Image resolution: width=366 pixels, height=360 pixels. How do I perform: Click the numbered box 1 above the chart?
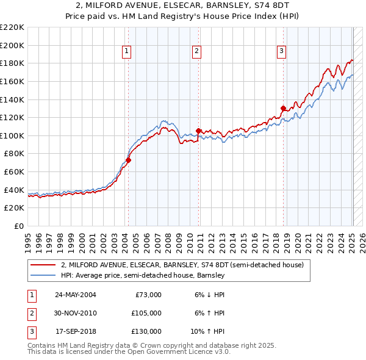pyautogui.click(x=126, y=52)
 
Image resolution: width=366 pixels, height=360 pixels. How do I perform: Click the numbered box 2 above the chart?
pyautogui.click(x=197, y=52)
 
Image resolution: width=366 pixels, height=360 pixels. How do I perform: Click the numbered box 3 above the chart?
pyautogui.click(x=282, y=52)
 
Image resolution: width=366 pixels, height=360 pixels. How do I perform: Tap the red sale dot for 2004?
pyautogui.click(x=128, y=160)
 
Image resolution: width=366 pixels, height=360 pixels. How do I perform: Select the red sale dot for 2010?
pyautogui.click(x=199, y=131)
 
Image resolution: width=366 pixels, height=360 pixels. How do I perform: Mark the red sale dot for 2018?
pyautogui.click(x=283, y=108)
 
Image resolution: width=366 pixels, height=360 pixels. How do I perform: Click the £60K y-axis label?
pyautogui.click(x=14, y=172)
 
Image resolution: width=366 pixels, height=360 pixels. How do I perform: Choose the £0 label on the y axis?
pyautogui.click(x=19, y=226)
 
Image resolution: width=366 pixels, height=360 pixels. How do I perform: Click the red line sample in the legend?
pyautogui.click(x=44, y=265)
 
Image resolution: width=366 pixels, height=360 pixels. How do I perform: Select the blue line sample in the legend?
pyautogui.click(x=44, y=276)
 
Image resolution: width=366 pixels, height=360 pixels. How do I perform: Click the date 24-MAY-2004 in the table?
pyautogui.click(x=76, y=295)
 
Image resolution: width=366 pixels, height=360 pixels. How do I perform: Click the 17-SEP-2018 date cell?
pyautogui.click(x=76, y=331)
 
